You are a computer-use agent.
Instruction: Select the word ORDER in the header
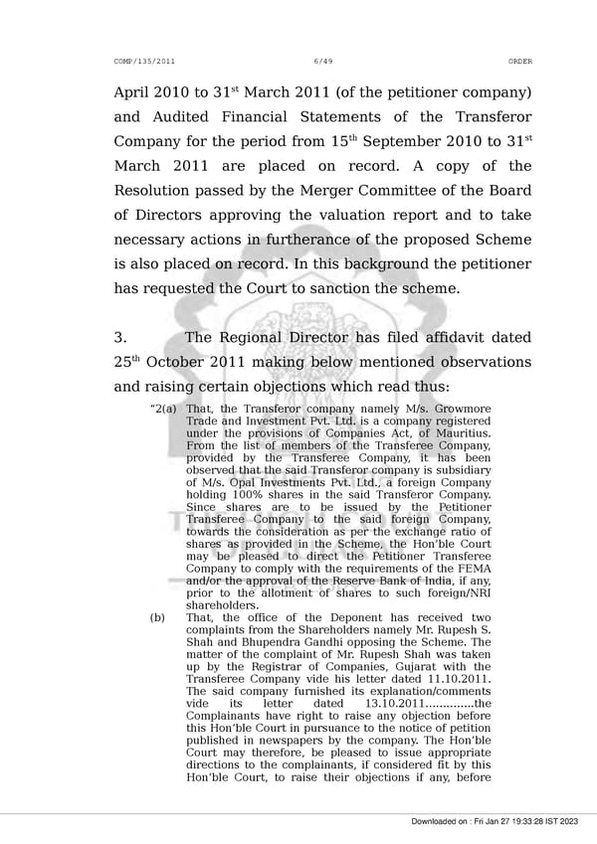pyautogui.click(x=519, y=62)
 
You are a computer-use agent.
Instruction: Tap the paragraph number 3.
pyautogui.click(x=120, y=338)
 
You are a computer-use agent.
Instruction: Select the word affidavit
pyautogui.click(x=429, y=338)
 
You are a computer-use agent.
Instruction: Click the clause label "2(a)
pyautogui.click(x=163, y=410)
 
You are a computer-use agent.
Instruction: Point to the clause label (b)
pyautogui.click(x=157, y=617)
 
